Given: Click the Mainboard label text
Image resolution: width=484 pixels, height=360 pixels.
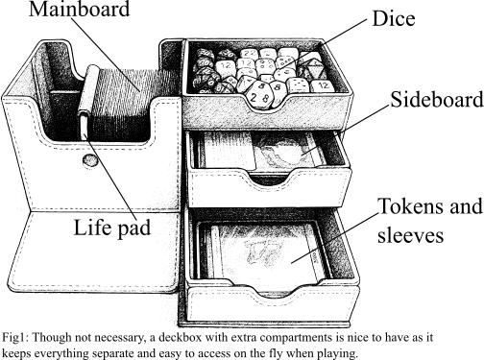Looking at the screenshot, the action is pos(80,9).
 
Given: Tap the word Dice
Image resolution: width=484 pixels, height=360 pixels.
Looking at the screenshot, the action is pos(394,18).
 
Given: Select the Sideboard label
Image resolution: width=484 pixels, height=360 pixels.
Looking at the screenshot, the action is pos(437,99).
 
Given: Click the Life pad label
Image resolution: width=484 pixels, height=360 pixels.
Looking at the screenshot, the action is pos(112,228).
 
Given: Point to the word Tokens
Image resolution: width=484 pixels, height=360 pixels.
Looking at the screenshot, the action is pos(413,205).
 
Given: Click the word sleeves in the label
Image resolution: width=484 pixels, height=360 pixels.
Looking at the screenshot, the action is pos(411,235).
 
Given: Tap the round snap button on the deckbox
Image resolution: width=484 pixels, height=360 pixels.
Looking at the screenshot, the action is pos(89,160).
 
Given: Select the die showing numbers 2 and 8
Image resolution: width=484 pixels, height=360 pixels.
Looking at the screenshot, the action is pos(257,95).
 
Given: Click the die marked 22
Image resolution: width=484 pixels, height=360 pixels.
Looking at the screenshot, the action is pos(248,54).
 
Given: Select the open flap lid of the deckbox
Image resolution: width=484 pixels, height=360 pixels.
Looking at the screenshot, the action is pos(93,252).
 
